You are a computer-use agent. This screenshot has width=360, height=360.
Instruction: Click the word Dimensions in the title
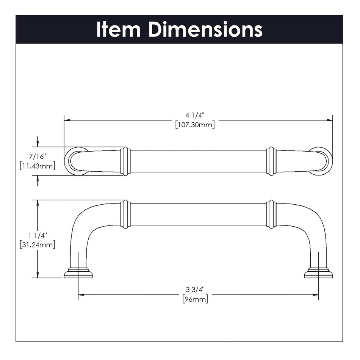click(x=205, y=29)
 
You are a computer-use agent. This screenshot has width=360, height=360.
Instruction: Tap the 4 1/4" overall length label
click(x=195, y=116)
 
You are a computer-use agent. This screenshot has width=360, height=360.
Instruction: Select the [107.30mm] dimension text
click(x=195, y=125)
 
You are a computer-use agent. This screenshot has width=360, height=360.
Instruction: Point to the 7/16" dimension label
click(x=37, y=157)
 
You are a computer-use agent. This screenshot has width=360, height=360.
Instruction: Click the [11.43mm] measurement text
click(x=37, y=166)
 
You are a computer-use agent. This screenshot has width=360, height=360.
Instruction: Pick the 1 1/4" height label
click(x=37, y=236)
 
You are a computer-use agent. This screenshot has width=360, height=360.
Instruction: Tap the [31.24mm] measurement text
click(x=37, y=245)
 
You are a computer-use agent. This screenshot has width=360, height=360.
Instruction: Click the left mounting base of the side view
click(x=78, y=273)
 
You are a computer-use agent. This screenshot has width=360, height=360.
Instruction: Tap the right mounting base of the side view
click(x=318, y=273)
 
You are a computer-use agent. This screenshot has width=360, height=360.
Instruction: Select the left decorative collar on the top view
click(x=125, y=161)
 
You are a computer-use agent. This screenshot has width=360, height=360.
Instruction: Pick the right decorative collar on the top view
click(x=271, y=161)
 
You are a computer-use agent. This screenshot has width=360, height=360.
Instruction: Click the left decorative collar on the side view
click(x=125, y=214)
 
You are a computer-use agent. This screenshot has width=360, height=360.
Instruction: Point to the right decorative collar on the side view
click(x=271, y=214)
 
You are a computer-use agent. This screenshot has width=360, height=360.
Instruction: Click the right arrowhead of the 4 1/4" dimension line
click(x=330, y=120)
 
